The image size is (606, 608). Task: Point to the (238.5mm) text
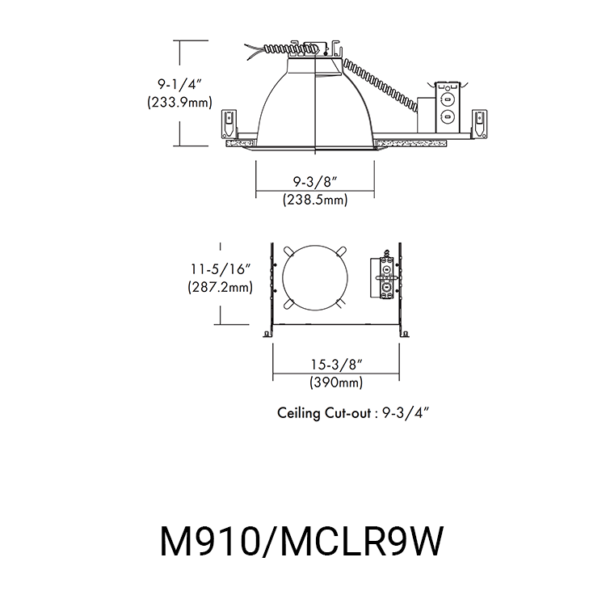pyautogui.click(x=314, y=200)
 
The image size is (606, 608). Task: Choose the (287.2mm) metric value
pyautogui.click(x=221, y=287)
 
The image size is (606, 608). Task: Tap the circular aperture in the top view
pyautogui.click(x=315, y=277)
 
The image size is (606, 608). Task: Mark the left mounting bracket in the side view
pyautogui.click(x=229, y=124)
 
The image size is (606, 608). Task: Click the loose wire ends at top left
pyautogui.click(x=252, y=50)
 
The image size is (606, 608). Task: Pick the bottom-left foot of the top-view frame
pyautogui.click(x=267, y=331)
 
